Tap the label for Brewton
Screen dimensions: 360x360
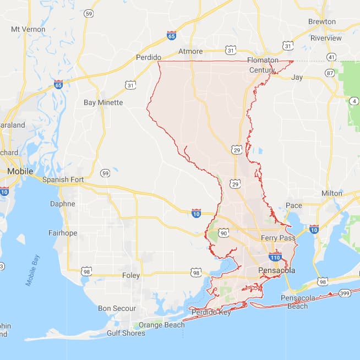tap(322, 21)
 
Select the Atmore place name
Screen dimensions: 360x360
tap(190, 52)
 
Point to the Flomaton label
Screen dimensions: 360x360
tap(263, 59)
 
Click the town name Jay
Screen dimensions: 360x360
tap(297, 77)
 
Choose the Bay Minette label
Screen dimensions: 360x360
tap(103, 102)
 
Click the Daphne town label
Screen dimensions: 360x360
tap(62, 203)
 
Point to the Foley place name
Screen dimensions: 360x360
tap(131, 275)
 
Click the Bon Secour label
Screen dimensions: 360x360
tap(117, 308)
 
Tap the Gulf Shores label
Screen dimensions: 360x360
tap(126, 333)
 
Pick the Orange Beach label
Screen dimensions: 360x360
tap(161, 325)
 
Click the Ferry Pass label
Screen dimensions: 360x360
tap(278, 238)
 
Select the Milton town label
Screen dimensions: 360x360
tap(331, 193)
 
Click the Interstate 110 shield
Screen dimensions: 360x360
tap(276, 257)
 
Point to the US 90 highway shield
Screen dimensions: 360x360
tap(223, 234)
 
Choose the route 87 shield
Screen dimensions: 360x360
tap(330, 73)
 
